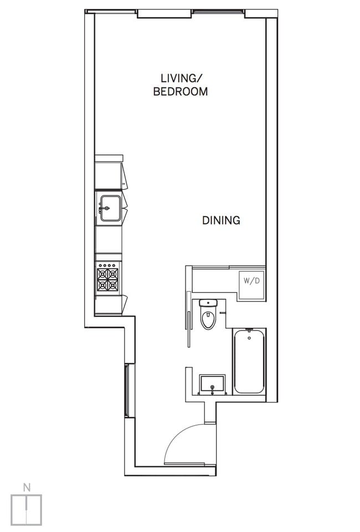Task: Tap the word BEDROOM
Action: click(180, 92)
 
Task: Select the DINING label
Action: click(221, 220)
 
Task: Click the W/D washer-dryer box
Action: click(251, 281)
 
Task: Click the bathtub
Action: click(249, 361)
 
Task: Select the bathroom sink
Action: click(212, 384)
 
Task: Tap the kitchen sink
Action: click(110, 208)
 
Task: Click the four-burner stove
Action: click(108, 279)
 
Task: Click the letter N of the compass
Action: click(26, 487)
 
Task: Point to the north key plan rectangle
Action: click(26, 509)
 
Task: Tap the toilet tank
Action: click(208, 303)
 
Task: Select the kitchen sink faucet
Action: click(102, 208)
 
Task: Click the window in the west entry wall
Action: click(127, 391)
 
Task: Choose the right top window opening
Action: click(218, 11)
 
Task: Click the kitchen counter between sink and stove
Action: click(108, 240)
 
